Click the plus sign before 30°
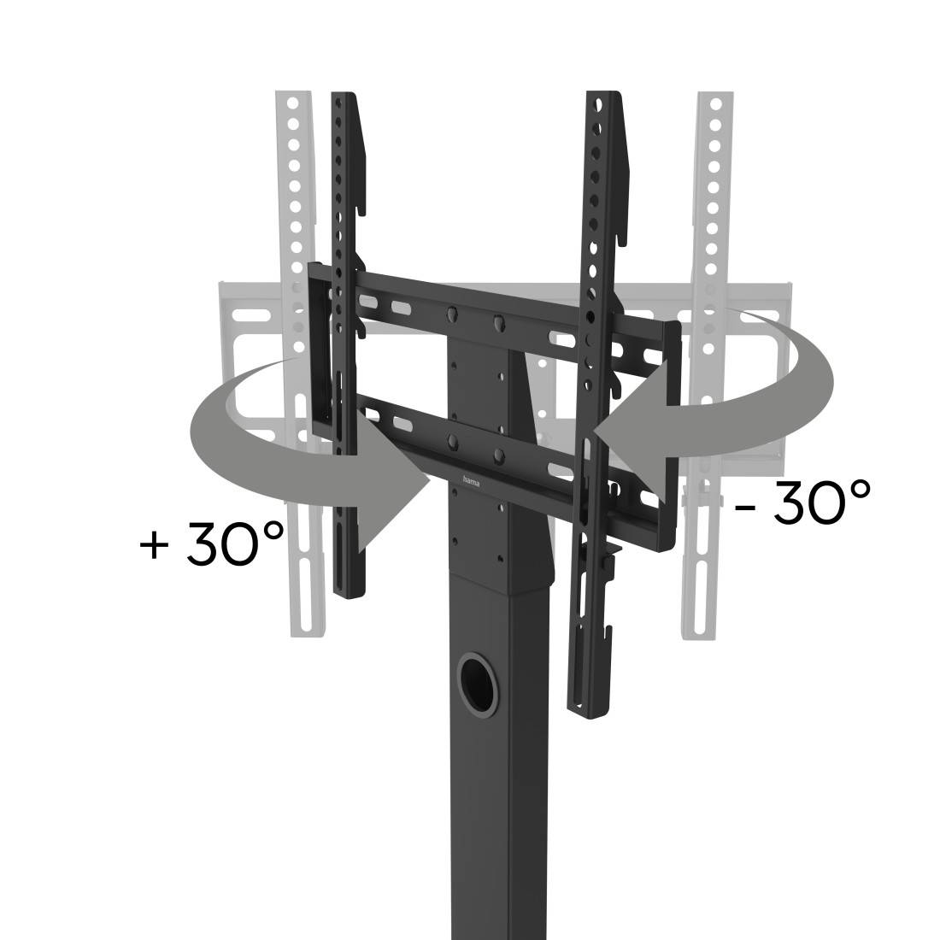tap(155, 545)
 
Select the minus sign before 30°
tap(745, 506)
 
